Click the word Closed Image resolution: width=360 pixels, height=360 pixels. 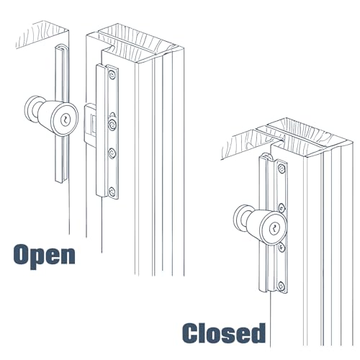tap(224, 334)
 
